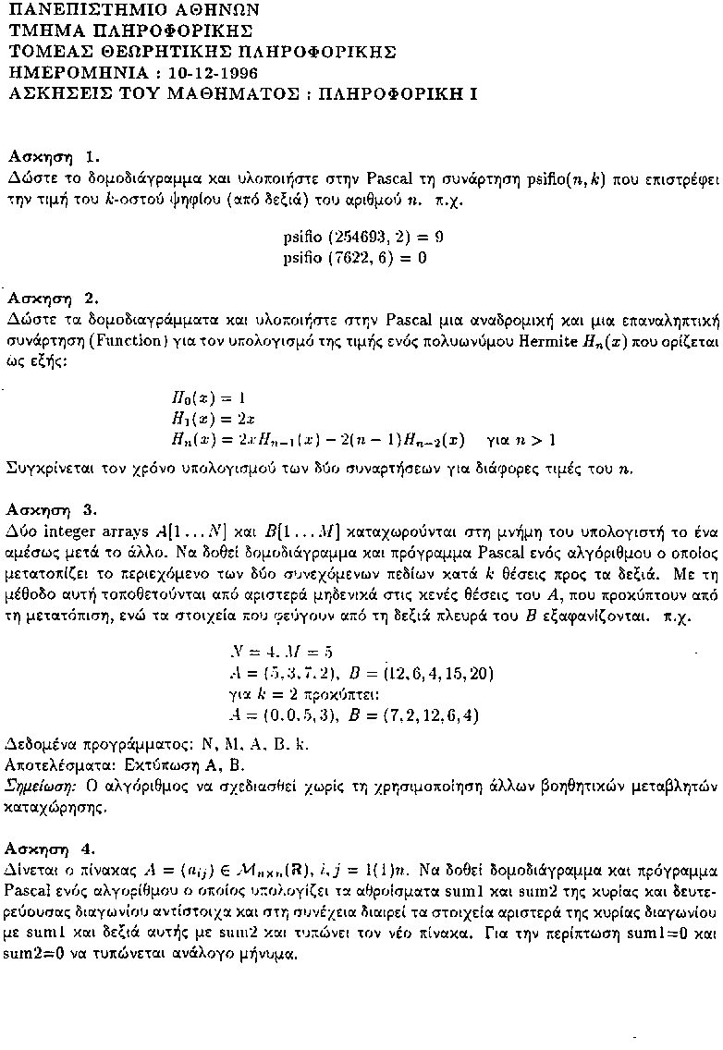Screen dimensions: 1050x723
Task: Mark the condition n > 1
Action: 538,439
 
